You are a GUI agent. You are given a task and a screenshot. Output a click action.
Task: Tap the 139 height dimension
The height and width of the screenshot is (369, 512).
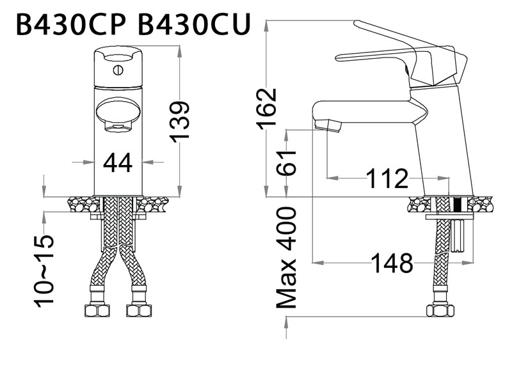(x=181, y=120)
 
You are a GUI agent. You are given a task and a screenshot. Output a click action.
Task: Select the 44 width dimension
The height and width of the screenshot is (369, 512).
(x=118, y=163)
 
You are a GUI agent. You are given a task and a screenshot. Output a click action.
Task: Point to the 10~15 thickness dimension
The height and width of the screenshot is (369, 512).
(x=45, y=270)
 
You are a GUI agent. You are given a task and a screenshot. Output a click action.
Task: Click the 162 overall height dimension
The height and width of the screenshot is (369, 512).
(x=268, y=107)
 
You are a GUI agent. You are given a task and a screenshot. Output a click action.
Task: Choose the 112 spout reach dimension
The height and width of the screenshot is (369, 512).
(x=387, y=179)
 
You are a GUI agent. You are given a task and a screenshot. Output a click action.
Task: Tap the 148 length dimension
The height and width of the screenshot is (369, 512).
(x=391, y=263)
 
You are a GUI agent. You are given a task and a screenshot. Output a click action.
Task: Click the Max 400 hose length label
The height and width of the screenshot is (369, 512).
(x=289, y=258)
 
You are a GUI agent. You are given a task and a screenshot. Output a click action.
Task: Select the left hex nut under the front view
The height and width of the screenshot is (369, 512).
(x=97, y=311)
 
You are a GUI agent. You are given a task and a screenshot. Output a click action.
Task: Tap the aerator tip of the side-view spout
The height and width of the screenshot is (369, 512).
(x=330, y=125)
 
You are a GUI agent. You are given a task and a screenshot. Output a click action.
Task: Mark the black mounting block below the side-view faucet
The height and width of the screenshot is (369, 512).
(x=457, y=205)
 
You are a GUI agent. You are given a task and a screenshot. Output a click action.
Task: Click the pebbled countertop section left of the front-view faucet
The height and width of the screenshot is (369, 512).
(x=83, y=205)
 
